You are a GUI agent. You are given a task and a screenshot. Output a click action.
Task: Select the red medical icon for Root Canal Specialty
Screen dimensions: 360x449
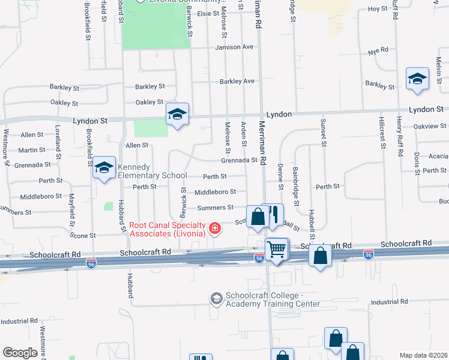[x=214, y=229]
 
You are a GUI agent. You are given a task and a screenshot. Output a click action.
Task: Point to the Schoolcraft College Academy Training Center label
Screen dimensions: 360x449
[x=273, y=299]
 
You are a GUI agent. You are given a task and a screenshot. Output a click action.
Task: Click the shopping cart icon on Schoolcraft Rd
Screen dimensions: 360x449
[x=277, y=249]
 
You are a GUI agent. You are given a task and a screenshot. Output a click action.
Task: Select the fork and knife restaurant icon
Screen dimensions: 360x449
[x=274, y=214]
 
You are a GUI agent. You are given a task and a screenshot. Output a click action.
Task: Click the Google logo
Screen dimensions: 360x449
[x=20, y=353]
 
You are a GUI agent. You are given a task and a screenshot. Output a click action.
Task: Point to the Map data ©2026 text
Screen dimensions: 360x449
[x=423, y=355]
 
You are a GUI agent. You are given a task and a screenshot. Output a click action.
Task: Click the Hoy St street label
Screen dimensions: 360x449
[x=378, y=9]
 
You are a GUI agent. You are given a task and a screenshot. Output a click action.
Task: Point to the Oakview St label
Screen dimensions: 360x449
[x=430, y=126]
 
